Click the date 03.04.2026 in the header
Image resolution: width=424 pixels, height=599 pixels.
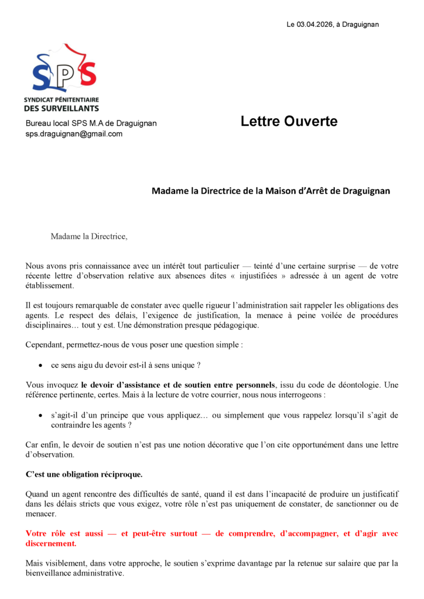315,24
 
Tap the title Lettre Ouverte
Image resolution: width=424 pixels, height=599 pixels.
289,122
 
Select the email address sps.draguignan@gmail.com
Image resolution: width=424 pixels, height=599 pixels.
74,134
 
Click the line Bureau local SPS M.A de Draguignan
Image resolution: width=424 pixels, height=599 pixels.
91,123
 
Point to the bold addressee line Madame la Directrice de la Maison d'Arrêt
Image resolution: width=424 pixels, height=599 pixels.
271,191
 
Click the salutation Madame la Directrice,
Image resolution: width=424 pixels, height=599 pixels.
88,236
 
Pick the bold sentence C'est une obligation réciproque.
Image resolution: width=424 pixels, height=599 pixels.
84,473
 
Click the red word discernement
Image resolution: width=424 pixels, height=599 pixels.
51,543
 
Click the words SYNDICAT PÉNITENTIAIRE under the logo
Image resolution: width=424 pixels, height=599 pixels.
61,100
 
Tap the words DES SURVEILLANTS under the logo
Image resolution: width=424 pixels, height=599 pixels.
61,108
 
